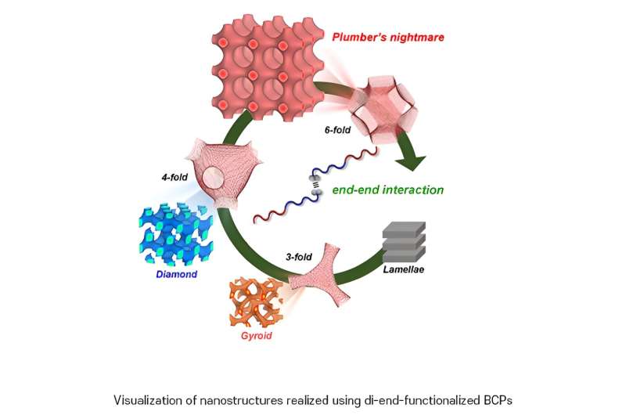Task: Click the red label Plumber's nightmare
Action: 380,38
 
